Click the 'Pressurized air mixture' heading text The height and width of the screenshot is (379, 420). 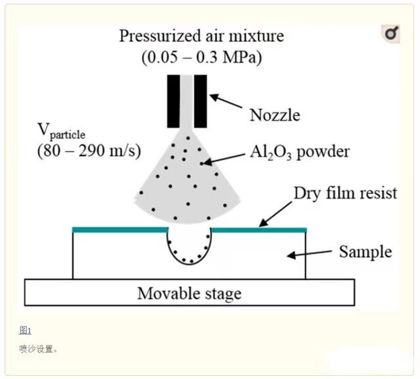pyautogui.click(x=201, y=35)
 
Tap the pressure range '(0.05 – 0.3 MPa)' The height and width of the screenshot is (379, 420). pyautogui.click(x=201, y=57)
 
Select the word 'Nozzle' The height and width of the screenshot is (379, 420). pyautogui.click(x=274, y=115)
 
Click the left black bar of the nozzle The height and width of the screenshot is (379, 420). pyautogui.click(x=173, y=100)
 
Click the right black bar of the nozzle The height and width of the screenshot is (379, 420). pyautogui.click(x=200, y=100)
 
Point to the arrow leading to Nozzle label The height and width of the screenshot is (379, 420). pyautogui.click(x=226, y=102)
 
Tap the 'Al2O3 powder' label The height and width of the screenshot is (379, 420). pyautogui.click(x=299, y=152)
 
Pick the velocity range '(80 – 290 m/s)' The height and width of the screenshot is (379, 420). pyautogui.click(x=89, y=150)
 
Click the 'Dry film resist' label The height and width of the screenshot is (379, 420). pyautogui.click(x=345, y=193)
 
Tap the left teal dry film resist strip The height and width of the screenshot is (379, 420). pyautogui.click(x=120, y=229)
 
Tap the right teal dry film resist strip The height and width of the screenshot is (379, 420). pyautogui.click(x=259, y=229)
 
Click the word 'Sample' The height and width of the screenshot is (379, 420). pyautogui.click(x=365, y=252)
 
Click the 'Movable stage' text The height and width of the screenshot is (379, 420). pyautogui.click(x=189, y=293)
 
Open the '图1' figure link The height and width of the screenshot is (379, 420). pyautogui.click(x=25, y=330)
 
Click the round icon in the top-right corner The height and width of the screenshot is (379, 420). pyautogui.click(x=391, y=33)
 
